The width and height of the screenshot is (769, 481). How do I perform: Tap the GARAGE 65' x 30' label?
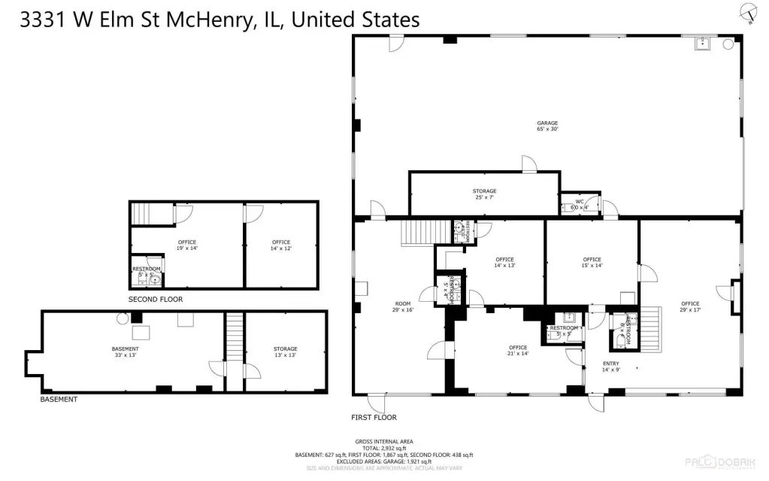click(x=546, y=126)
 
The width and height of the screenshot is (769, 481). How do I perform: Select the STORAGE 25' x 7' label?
click(x=484, y=194)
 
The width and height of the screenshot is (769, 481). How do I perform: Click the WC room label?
click(x=580, y=204)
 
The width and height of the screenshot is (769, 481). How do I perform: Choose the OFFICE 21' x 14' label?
click(x=518, y=350)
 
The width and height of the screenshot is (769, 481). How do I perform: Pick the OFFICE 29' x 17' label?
click(x=689, y=306)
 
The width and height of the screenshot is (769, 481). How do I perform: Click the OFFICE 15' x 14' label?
click(x=592, y=262)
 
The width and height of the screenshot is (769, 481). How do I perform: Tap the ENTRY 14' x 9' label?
click(x=610, y=367)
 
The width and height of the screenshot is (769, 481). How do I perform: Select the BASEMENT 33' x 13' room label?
click(x=125, y=352)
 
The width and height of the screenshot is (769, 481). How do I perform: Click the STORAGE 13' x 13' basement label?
click(x=285, y=352)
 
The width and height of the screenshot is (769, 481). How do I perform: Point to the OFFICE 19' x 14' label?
click(x=187, y=245)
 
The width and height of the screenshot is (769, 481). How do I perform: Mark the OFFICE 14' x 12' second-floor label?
click(x=280, y=245)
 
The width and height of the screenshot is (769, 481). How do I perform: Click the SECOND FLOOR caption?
click(x=155, y=300)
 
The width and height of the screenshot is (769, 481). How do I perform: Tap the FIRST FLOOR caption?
click(x=374, y=417)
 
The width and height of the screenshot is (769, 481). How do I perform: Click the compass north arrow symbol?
click(x=748, y=13)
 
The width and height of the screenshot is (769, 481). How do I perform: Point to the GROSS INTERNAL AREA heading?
click(x=383, y=441)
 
